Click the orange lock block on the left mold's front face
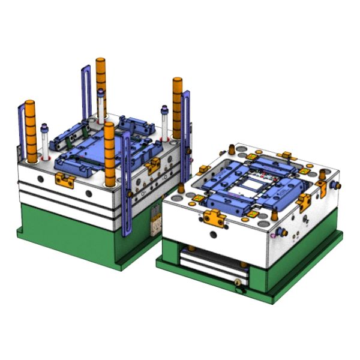[x=64, y=179]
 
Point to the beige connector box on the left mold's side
[x=155, y=219]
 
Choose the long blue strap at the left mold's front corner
[x=126, y=186]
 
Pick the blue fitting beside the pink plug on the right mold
[x=279, y=232]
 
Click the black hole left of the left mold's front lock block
[x=40, y=178]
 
